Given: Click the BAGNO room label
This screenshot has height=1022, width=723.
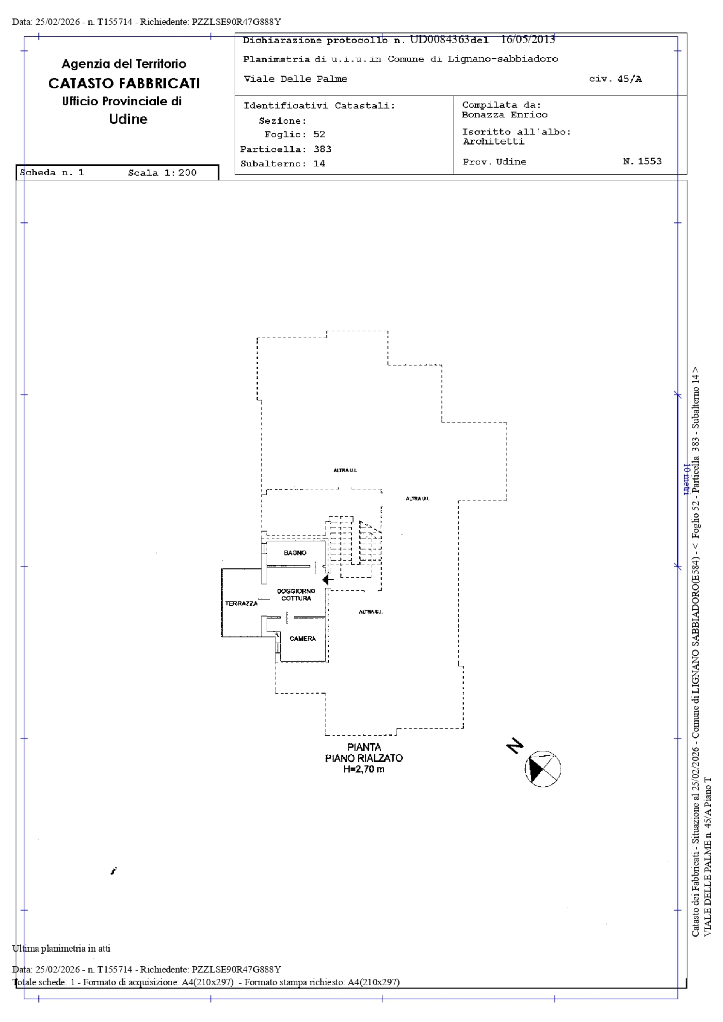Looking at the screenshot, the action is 295,553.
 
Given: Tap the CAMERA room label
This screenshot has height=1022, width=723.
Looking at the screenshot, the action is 302,638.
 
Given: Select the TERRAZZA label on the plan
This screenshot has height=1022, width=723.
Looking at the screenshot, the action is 241,603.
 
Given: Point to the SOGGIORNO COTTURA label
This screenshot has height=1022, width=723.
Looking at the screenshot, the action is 296,595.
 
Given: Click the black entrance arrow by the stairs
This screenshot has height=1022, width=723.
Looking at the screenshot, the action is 328,580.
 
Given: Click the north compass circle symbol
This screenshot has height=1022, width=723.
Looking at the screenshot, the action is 543,769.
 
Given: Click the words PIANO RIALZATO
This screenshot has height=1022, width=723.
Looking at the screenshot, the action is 364,758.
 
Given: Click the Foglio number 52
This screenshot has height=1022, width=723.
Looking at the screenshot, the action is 319,134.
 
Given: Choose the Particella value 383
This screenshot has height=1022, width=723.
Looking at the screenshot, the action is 322,149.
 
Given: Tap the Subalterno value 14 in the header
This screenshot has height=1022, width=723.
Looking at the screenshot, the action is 319,163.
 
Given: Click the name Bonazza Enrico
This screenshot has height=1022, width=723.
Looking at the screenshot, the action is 505,115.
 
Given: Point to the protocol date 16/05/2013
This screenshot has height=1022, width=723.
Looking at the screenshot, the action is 528,39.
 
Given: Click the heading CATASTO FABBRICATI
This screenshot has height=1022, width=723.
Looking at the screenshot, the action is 124,83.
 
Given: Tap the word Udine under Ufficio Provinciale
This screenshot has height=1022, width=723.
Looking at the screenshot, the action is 128,119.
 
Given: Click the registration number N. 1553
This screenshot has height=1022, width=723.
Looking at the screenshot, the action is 642,161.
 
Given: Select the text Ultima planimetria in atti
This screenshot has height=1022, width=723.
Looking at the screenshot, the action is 61,948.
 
